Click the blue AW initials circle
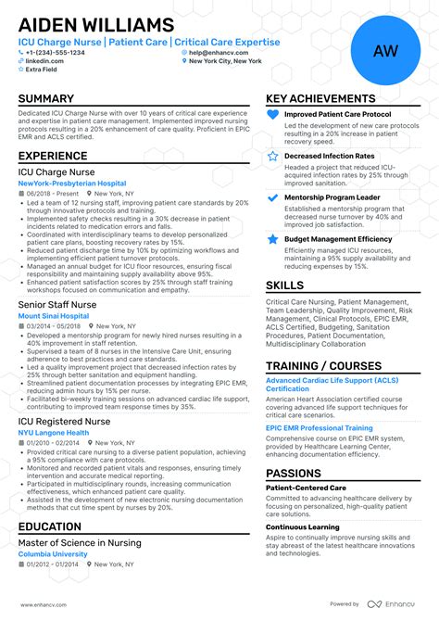(385, 51)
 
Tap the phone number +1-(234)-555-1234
(55, 52)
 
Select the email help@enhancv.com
(217, 52)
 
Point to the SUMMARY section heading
(45, 99)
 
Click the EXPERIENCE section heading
(53, 157)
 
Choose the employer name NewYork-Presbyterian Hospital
(72, 184)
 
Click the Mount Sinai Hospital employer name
(54, 316)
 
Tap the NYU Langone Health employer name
(54, 432)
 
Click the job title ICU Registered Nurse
(64, 421)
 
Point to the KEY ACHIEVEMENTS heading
(320, 99)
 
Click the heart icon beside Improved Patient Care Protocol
(272, 114)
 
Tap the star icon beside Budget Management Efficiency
(272, 239)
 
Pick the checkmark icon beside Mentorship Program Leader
(272, 197)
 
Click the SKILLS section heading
(285, 285)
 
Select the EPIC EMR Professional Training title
(320, 428)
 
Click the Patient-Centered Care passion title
(306, 487)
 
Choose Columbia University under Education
(53, 554)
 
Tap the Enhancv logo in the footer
(395, 604)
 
